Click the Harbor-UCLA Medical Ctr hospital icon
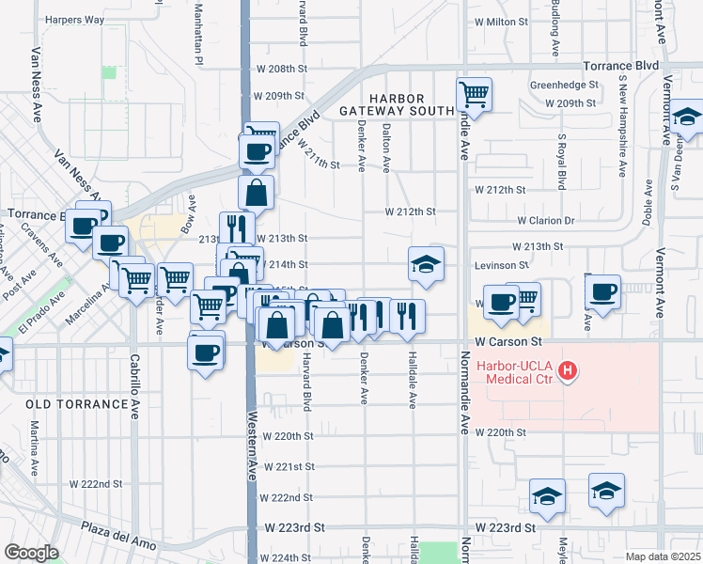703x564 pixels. coord(568,371)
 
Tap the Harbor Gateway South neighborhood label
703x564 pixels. coord(396,104)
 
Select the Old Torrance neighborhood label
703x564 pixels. coord(77,404)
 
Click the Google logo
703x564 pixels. coord(31,552)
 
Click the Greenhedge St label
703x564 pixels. coord(564,85)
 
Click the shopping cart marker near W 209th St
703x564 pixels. coord(475,94)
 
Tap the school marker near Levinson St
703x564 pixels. coord(426,263)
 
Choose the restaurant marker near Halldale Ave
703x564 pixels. coord(406,315)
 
